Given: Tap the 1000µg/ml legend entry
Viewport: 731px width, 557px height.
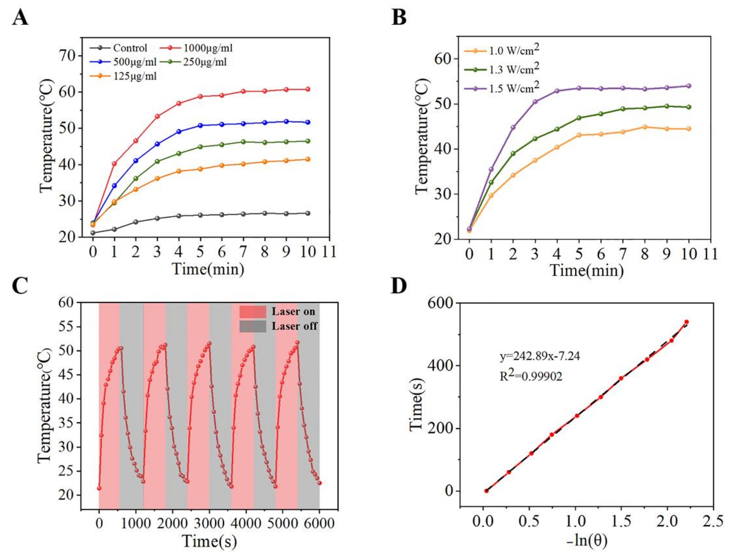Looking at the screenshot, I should point(207,48).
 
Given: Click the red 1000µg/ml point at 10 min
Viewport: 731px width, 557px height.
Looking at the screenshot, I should point(308,89).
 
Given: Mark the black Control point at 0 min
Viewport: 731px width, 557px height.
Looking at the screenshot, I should point(93,233).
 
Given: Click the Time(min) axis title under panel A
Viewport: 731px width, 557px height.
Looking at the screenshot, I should point(208,269).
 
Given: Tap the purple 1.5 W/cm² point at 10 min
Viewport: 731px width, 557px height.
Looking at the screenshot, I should point(689,86).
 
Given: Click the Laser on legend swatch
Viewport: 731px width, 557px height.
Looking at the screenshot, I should point(253,312).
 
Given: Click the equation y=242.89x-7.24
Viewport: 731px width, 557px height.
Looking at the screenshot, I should point(540,356).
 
